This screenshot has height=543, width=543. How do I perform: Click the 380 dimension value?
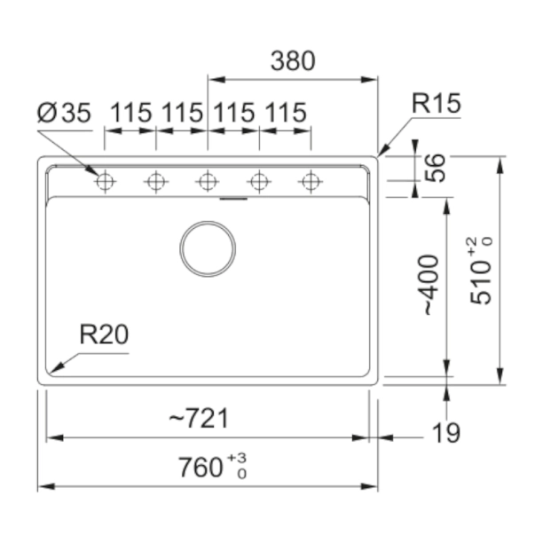pyautogui.click(x=293, y=61)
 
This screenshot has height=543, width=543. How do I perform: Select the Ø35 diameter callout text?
pyautogui.click(x=64, y=113)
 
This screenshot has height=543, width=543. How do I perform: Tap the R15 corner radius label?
pyautogui.click(x=436, y=103)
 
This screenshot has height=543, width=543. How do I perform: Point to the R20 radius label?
pyautogui.click(x=104, y=334)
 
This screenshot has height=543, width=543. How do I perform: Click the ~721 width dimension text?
pyautogui.click(x=199, y=418)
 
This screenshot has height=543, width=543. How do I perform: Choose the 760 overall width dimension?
pyautogui.click(x=201, y=468)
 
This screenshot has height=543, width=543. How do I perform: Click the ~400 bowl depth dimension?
pyautogui.click(x=432, y=285)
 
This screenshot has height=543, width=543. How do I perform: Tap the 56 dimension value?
pyautogui.click(x=435, y=168)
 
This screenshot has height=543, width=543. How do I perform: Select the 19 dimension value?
pyautogui.click(x=446, y=433)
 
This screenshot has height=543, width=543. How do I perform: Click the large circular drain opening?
pyautogui.click(x=208, y=248)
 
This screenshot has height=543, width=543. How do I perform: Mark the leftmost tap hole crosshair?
pyautogui.click(x=105, y=182)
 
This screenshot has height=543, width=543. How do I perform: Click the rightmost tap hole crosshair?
pyautogui.click(x=311, y=182)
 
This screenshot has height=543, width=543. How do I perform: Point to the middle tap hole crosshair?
pyautogui.click(x=208, y=182)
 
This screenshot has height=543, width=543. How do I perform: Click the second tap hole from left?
pyautogui.click(x=156, y=182)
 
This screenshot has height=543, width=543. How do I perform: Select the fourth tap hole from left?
pyautogui.click(x=259, y=182)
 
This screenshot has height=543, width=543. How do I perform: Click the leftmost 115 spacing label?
pyautogui.click(x=130, y=113)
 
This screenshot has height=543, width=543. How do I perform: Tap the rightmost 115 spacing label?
pyautogui.click(x=286, y=113)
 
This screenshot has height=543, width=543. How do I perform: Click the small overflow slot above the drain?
pyautogui.click(x=233, y=199)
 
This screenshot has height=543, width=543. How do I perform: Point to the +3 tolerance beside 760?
pyautogui.click(x=237, y=458)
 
